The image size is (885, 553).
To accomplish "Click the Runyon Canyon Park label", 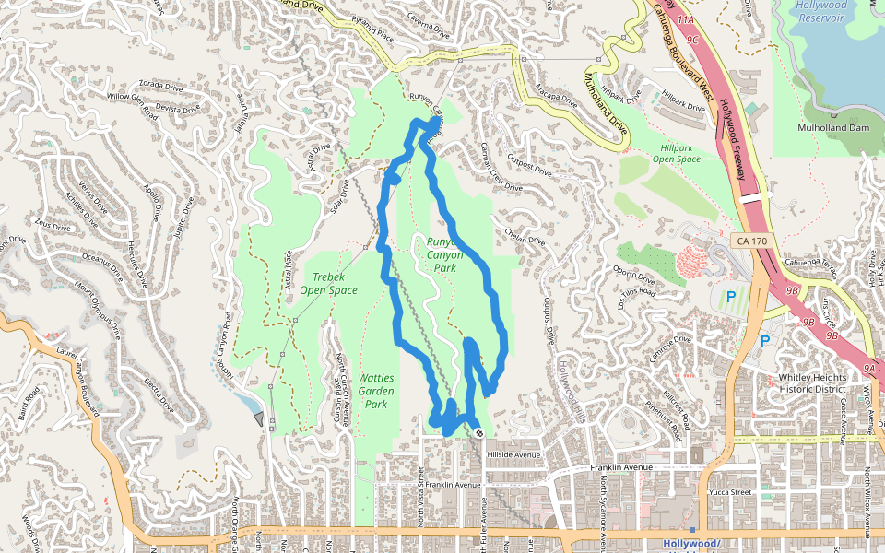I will (444, 255).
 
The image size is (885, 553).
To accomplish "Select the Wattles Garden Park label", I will (375, 391).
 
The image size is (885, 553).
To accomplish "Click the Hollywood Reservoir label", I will (820, 11).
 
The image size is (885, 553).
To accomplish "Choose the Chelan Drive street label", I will (525, 236).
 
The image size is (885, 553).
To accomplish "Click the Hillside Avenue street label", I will (513, 454).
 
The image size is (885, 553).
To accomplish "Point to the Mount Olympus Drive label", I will (100, 311).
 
